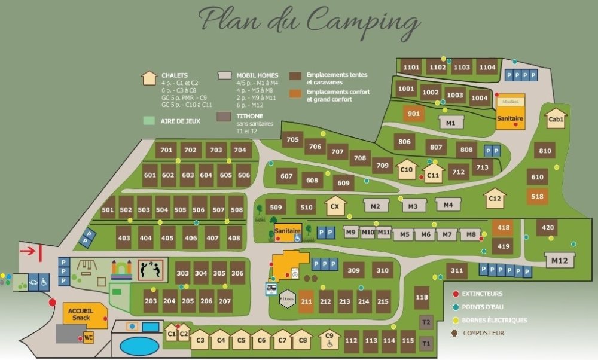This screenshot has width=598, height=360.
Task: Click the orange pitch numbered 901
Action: click(x=413, y=114)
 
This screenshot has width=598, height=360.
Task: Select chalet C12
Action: click(x=495, y=197)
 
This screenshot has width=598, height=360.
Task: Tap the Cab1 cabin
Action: click(x=556, y=118)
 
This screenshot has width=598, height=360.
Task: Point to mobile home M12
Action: click(x=560, y=260)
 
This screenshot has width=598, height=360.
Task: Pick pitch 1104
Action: click(x=487, y=68)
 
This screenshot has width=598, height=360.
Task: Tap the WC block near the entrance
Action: click(x=89, y=338)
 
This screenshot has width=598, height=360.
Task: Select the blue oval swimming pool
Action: click(x=139, y=346)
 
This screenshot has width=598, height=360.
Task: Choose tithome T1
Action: click(x=426, y=344)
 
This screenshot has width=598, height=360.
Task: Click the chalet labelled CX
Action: click(x=335, y=207)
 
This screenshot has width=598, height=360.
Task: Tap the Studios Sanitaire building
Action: click(x=510, y=112)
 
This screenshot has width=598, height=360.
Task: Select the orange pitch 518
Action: click(x=537, y=196)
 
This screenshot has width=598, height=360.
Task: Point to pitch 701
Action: click(x=166, y=150)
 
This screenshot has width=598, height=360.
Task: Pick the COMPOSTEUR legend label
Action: click(x=484, y=333)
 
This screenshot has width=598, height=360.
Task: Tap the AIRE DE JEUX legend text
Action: click(x=180, y=121)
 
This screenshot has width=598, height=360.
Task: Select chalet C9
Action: click(x=329, y=340)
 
